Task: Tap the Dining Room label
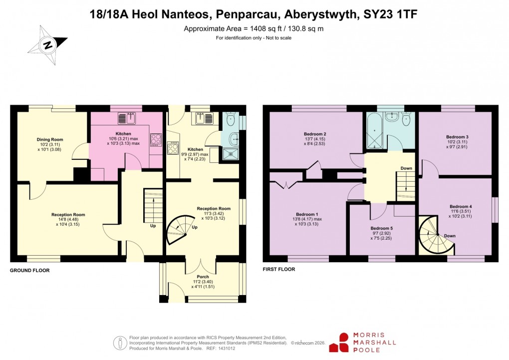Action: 50,140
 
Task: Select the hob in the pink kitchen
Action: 155,139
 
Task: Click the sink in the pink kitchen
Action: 127,119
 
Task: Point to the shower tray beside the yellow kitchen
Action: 230,155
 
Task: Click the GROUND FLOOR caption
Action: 30,270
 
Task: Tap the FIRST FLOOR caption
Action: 279,269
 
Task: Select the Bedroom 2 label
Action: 315,134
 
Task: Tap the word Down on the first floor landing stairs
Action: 406,168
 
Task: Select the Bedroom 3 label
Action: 457,137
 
